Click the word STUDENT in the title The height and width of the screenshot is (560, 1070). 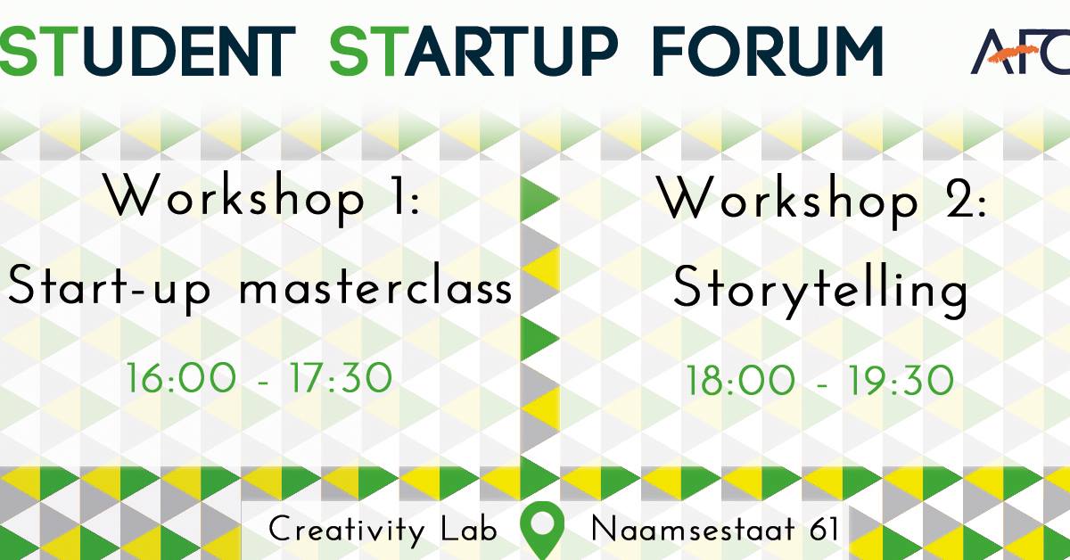tap(148, 51)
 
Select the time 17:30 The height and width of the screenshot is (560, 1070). tap(340, 379)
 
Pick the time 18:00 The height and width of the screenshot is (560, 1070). tap(740, 382)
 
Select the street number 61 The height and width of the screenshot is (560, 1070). tap(825, 530)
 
